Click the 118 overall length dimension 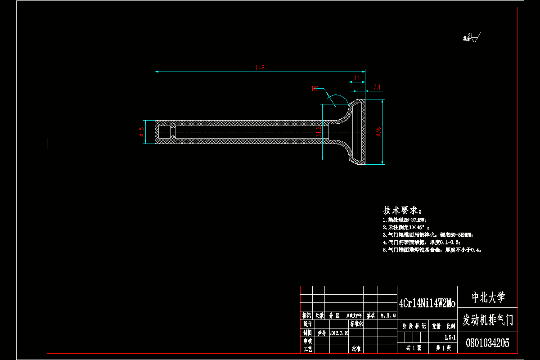tap(260, 68)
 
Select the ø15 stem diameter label tap(141, 131)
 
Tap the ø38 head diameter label tap(378, 131)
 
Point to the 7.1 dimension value tap(377, 87)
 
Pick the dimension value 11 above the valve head tap(356, 78)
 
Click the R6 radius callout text tap(315, 89)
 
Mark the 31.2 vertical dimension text tap(319, 131)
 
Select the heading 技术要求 tap(402, 211)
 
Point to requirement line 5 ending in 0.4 tap(432, 249)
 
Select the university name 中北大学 tap(488, 297)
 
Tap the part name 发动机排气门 tap(488, 320)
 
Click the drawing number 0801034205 tap(488, 343)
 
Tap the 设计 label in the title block tap(307, 324)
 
